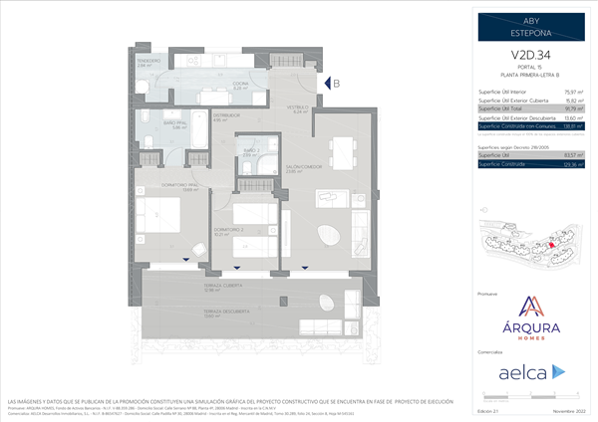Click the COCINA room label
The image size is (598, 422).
click(239, 86)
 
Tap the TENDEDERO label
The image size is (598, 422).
click(149, 63)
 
